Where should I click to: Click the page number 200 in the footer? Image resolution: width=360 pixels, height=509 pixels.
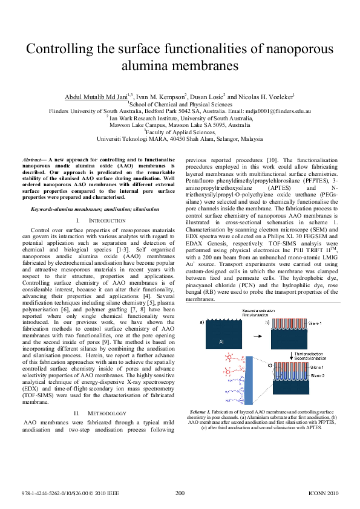180,493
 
